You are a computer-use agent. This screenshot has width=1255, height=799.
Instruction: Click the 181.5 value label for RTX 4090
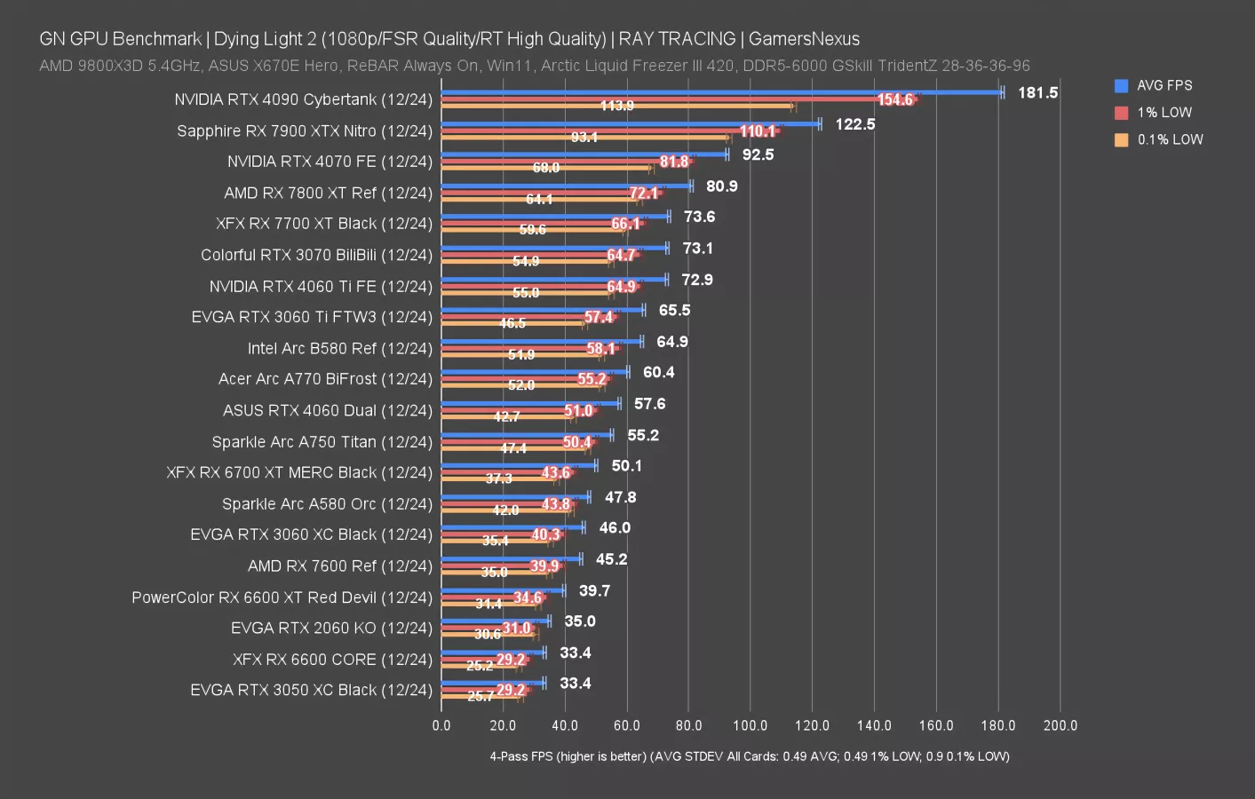click(x=1037, y=92)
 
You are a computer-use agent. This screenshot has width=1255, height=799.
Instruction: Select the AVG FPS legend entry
click(x=1164, y=85)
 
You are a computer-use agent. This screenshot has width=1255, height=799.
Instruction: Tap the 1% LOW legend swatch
click(x=1121, y=113)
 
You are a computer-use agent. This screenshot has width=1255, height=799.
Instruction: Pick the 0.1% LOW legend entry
click(x=1169, y=139)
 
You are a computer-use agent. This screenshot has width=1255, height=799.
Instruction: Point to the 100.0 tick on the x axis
click(x=750, y=725)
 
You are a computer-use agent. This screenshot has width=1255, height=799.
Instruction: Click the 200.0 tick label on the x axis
click(x=1060, y=725)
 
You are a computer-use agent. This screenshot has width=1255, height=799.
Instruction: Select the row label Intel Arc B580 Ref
click(x=339, y=348)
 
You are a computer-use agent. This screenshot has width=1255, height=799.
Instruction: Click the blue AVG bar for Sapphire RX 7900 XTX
click(x=631, y=124)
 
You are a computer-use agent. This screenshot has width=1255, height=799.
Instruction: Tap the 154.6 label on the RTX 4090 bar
click(x=894, y=99)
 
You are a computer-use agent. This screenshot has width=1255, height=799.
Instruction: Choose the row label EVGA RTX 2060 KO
click(x=331, y=628)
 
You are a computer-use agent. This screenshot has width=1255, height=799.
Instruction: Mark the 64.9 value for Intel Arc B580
click(x=671, y=342)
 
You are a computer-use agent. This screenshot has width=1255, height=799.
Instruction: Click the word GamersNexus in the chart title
click(x=804, y=39)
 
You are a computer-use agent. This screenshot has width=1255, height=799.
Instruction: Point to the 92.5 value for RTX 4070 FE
click(x=758, y=154)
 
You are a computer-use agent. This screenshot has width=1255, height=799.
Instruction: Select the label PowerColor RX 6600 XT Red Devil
click(x=282, y=597)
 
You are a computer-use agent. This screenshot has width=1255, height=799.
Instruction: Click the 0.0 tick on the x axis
click(x=441, y=725)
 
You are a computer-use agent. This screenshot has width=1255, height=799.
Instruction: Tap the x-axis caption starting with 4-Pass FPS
click(x=749, y=756)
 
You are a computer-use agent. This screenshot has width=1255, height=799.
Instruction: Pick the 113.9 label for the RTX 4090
click(x=616, y=106)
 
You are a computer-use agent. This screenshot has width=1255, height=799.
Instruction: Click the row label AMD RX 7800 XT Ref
click(x=328, y=193)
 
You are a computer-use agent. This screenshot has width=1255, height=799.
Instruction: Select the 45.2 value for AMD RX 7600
click(x=611, y=559)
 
